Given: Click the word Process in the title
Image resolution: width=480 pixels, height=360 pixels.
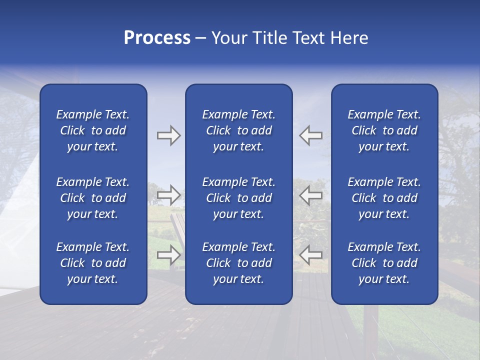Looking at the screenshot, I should pos(157,38).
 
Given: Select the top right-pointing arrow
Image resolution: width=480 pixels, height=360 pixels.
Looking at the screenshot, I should pos(168,135).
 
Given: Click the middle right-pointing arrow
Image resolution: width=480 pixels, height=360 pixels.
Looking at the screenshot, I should pos(168,194).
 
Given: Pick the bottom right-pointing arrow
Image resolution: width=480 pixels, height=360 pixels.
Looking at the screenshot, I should pos(168,254).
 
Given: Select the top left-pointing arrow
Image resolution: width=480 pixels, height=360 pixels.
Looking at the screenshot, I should pos(311,135).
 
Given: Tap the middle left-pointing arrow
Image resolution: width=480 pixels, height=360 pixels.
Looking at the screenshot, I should pos(311,194).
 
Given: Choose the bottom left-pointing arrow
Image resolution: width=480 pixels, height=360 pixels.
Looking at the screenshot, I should pos(311,254).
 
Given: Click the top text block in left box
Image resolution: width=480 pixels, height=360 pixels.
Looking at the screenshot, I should pos(93,130).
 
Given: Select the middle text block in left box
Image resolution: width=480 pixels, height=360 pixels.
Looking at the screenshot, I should pos(93,198).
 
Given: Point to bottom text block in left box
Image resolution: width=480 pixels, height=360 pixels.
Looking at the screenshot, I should pos(93,263).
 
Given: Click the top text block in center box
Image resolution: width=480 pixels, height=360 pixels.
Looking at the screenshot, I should pos(238,130).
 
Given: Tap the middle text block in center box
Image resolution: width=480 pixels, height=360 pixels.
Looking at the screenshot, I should pos(238,198).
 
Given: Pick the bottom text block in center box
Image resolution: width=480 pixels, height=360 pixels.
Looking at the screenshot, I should pos(238,263).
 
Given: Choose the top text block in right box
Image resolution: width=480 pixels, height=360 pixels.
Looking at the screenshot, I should pos(384,130).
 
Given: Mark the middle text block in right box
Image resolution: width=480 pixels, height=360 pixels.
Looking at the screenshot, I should pos(384,198).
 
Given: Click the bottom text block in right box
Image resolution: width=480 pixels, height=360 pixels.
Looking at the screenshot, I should pos(384,263).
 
